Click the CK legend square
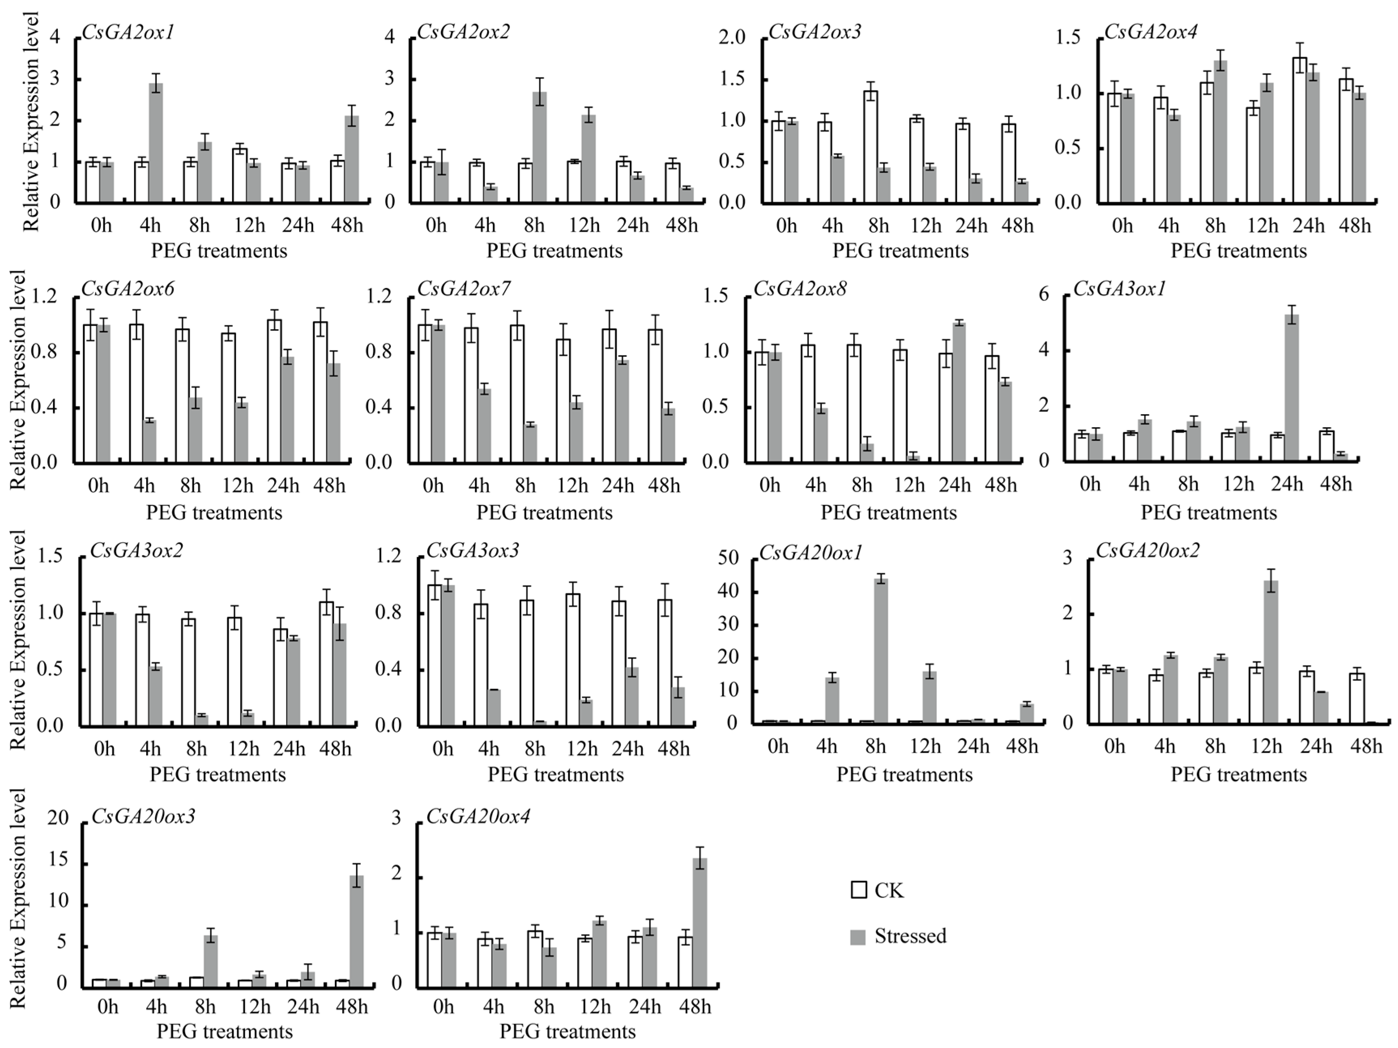(x=858, y=890)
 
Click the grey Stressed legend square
(x=858, y=937)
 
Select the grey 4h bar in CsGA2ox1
(x=156, y=142)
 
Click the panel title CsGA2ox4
(x=1150, y=32)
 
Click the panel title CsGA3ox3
(x=472, y=551)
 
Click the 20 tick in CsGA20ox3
(x=58, y=818)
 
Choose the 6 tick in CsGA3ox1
(x=1044, y=294)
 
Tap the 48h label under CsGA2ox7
(x=664, y=486)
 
